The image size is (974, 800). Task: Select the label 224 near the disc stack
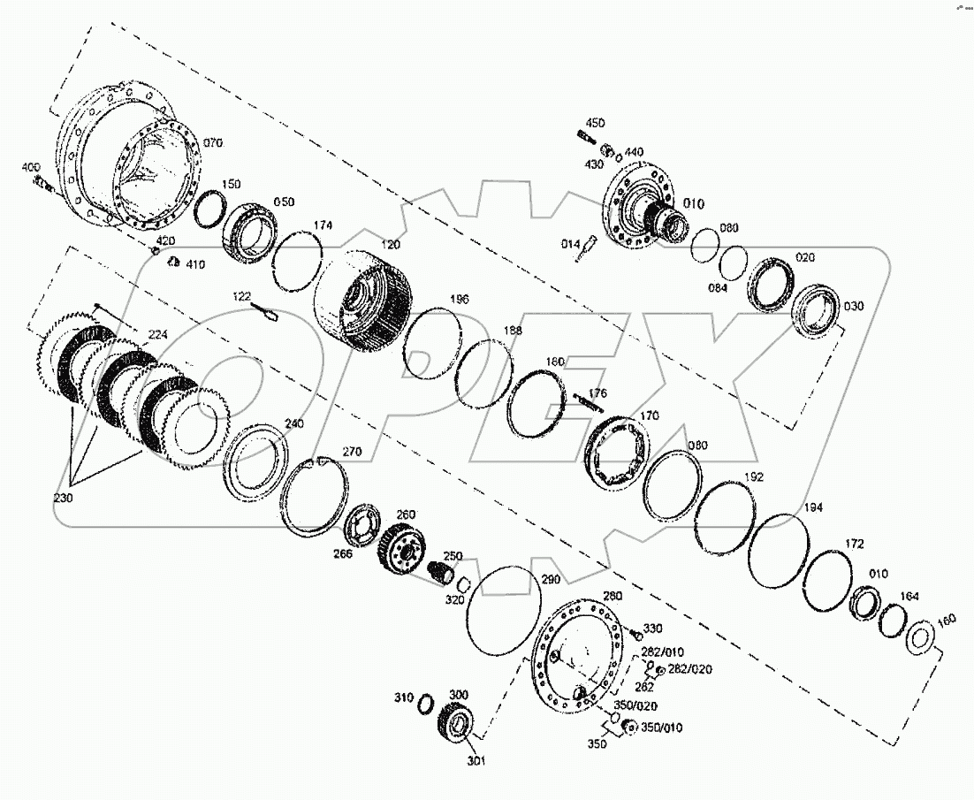click(x=157, y=335)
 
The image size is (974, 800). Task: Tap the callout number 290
click(x=551, y=579)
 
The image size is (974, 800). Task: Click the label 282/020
click(x=689, y=668)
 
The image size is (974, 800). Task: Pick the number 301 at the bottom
click(x=476, y=759)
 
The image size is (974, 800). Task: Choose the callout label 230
click(x=65, y=499)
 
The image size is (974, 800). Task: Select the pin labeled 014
click(x=583, y=251)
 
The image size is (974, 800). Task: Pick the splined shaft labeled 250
click(x=439, y=573)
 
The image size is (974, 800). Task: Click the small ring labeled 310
click(x=424, y=703)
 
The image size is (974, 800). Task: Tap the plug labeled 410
click(x=174, y=263)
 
